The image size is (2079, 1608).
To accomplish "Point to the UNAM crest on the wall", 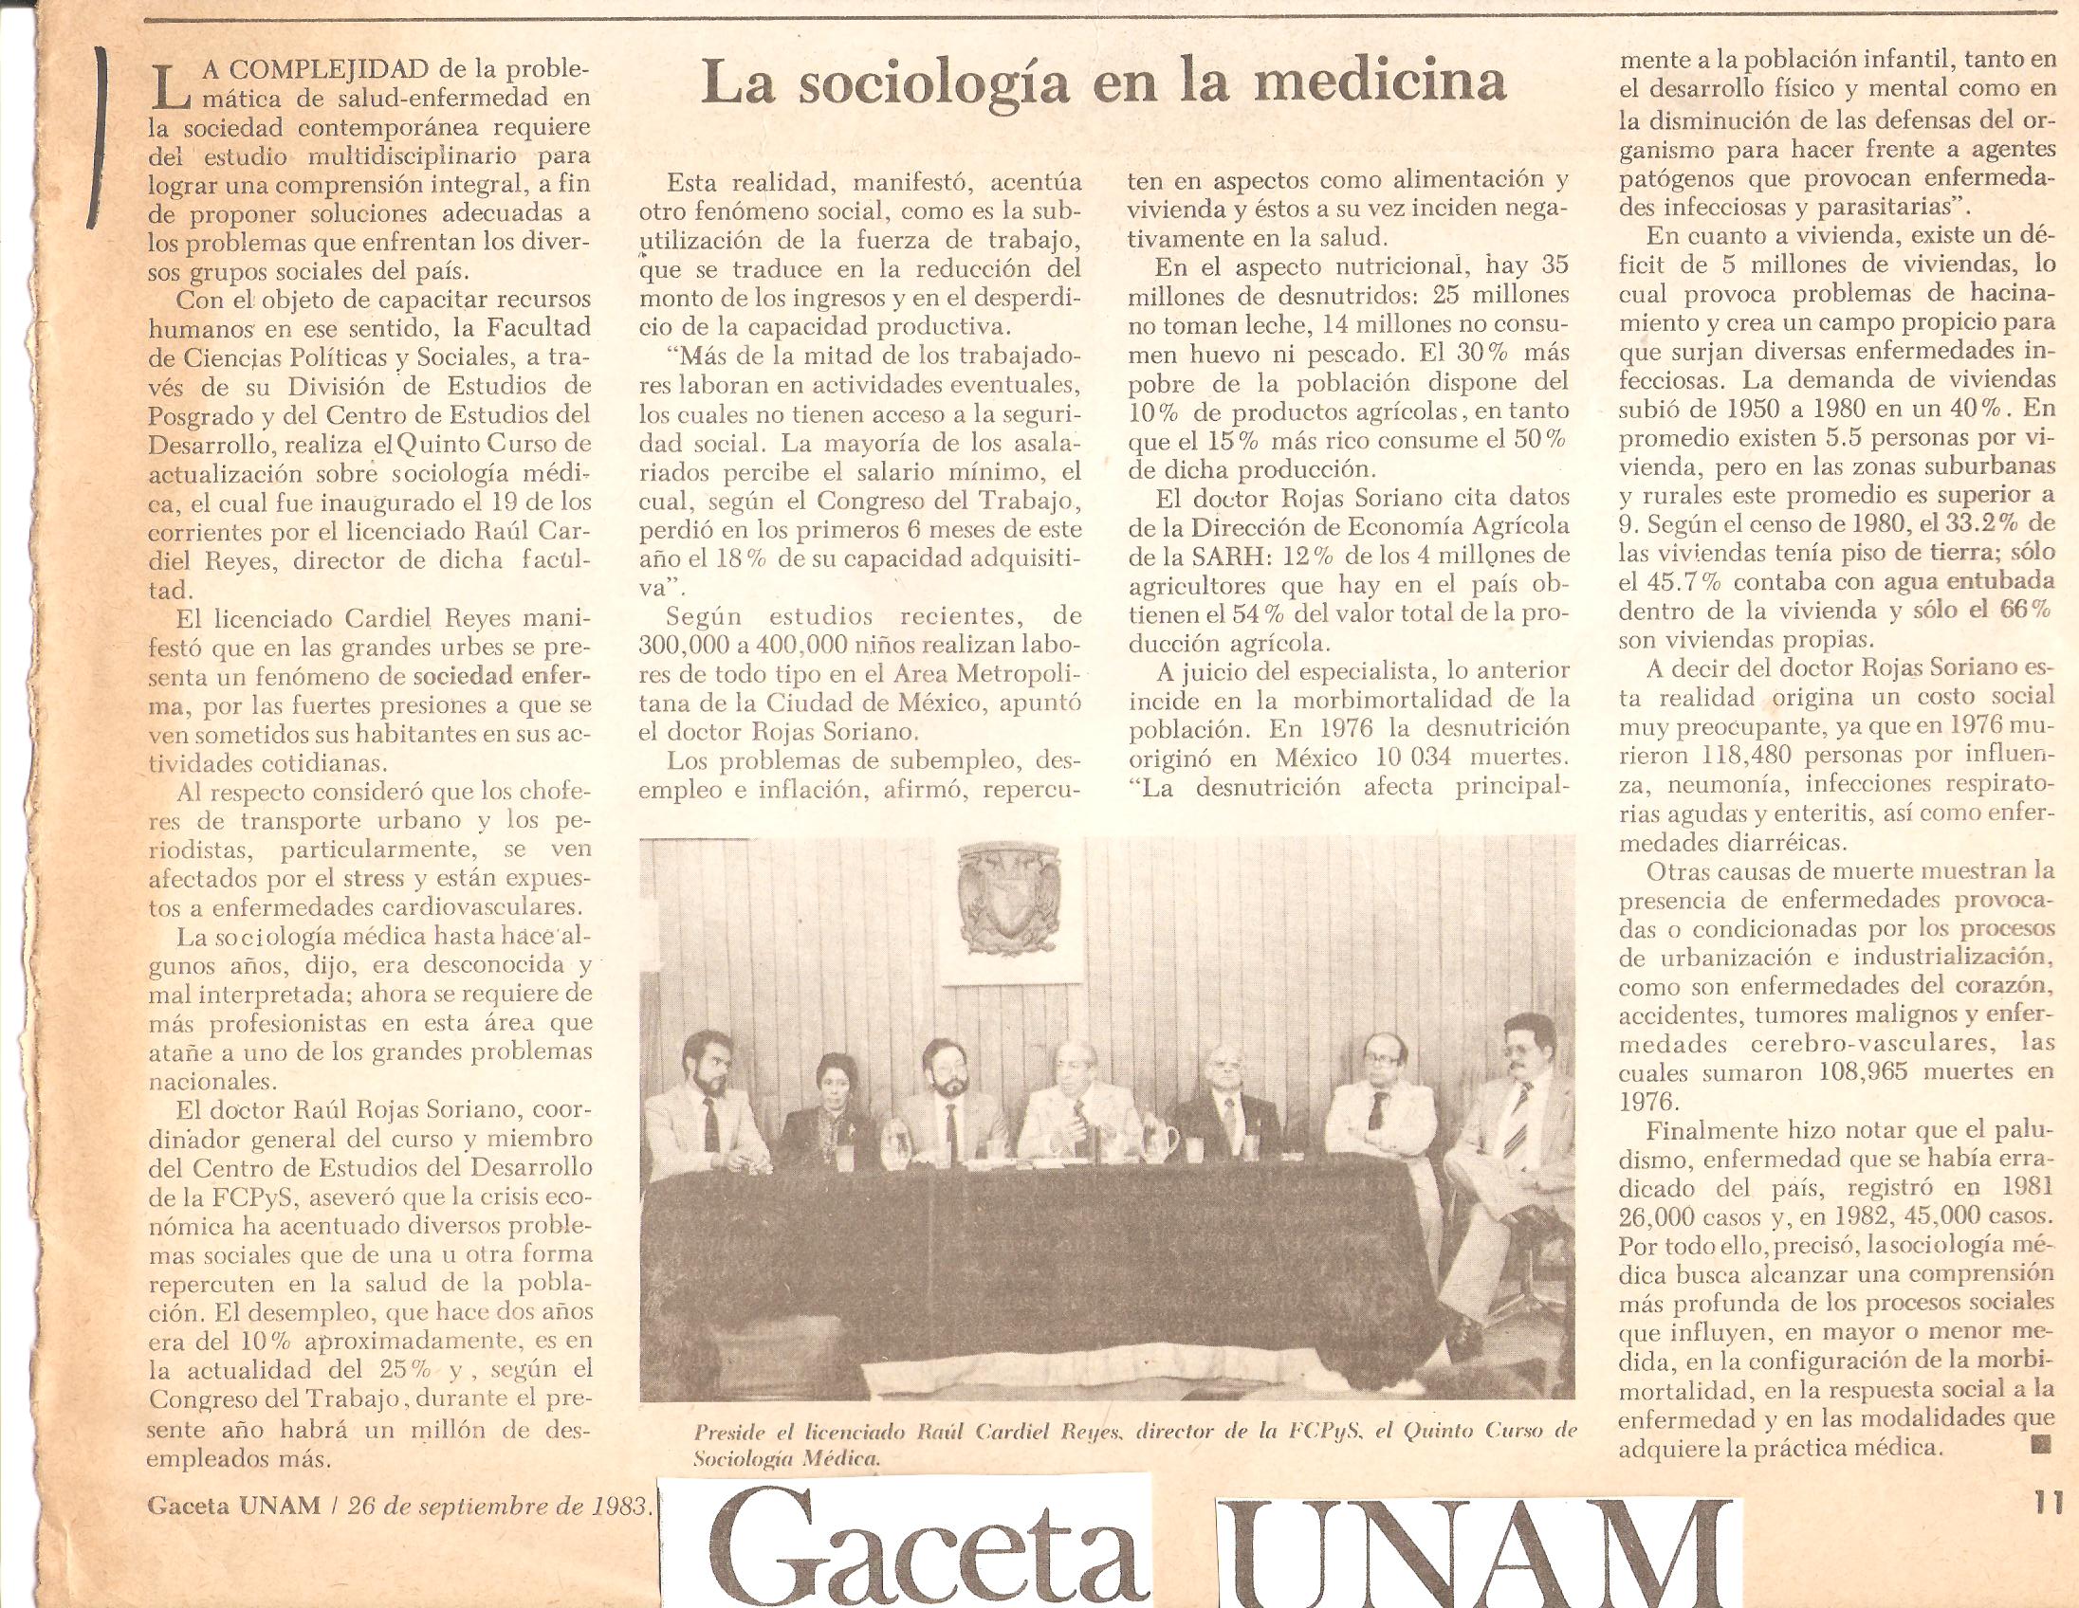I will pyautogui.click(x=1010, y=908).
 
